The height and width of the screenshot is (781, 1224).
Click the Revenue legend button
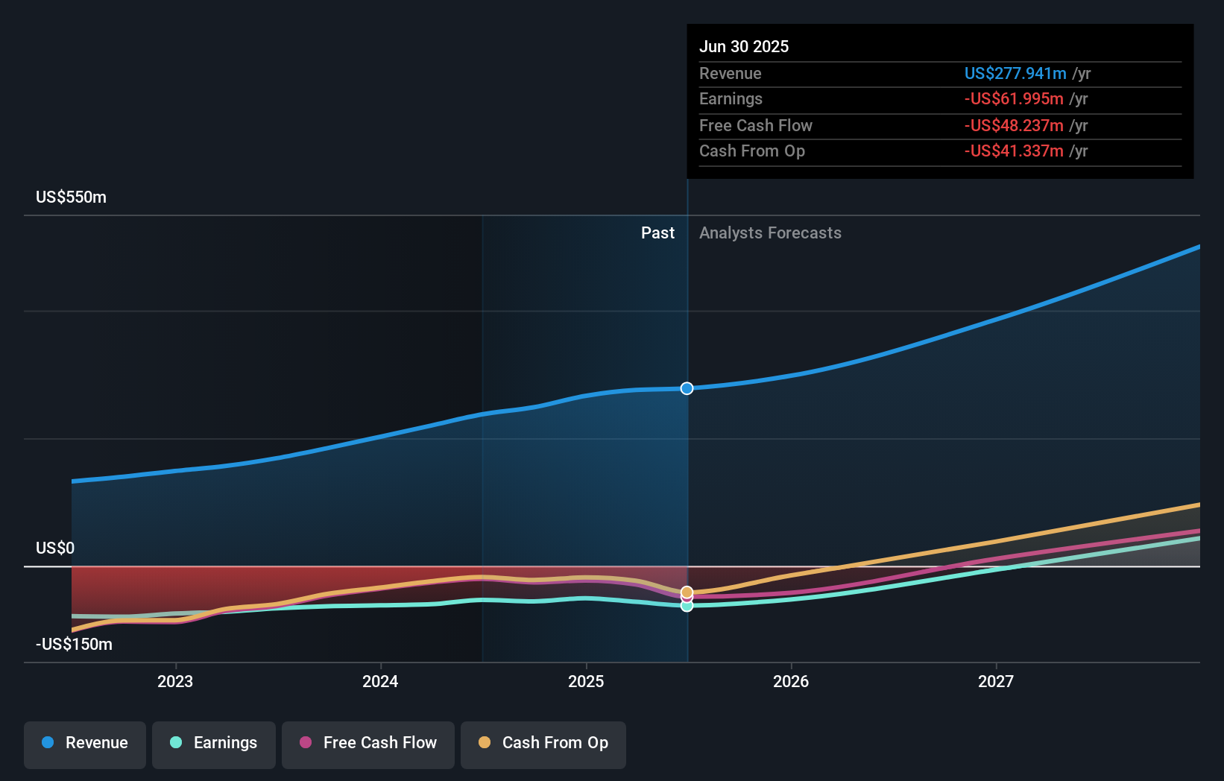pos(85,743)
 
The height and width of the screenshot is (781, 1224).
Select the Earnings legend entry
pos(214,743)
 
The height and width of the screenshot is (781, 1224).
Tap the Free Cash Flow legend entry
pos(368,743)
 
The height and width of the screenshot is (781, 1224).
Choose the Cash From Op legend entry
pos(543,743)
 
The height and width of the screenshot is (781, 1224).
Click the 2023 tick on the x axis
pos(175,681)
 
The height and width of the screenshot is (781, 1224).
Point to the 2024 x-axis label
pos(380,681)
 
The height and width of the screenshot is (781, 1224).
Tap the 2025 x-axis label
pos(586,681)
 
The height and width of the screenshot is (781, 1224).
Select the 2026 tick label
pos(791,681)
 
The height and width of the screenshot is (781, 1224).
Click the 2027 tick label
pos(996,681)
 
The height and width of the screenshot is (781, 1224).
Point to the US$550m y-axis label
pos(72,197)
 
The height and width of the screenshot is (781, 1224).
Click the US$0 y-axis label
pos(55,548)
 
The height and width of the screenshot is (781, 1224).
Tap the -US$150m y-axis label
pos(75,645)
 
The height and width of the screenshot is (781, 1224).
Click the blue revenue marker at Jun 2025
pos(687,388)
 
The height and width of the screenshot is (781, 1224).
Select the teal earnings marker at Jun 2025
pos(687,606)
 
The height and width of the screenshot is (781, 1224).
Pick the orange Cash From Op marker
pos(687,592)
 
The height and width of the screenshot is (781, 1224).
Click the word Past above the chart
pos(657,233)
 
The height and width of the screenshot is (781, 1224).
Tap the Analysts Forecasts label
pos(770,233)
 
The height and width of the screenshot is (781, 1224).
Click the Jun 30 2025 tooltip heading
pos(744,46)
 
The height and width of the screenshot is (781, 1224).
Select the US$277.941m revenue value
pos(1015,73)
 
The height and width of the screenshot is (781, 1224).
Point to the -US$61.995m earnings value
pos(1014,99)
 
